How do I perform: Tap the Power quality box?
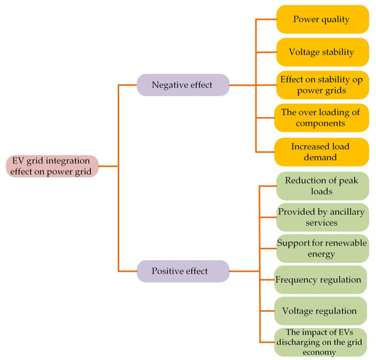coord(322,19)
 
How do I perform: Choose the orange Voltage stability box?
coord(322,51)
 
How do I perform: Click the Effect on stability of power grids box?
coord(322,83)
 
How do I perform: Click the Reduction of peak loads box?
coord(322,185)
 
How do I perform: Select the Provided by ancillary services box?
coord(322,216)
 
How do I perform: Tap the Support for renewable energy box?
coord(322,248)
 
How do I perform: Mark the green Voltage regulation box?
coord(320,311)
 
